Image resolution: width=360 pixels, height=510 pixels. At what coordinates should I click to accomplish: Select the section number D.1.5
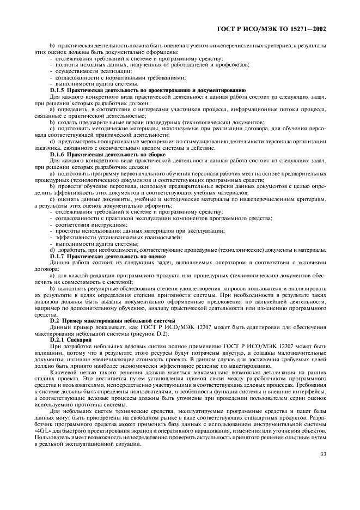tap(59, 89)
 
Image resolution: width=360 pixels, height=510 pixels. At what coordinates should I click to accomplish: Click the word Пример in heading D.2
tap(75, 321)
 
